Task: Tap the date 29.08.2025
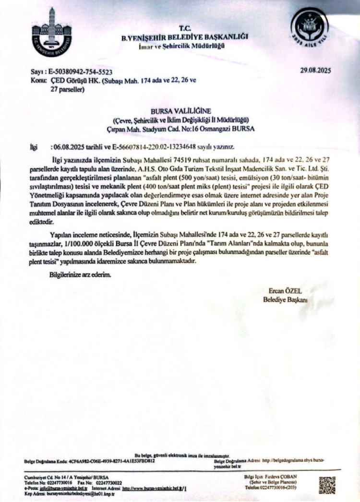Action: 315,71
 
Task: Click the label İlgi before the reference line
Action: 34,146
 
